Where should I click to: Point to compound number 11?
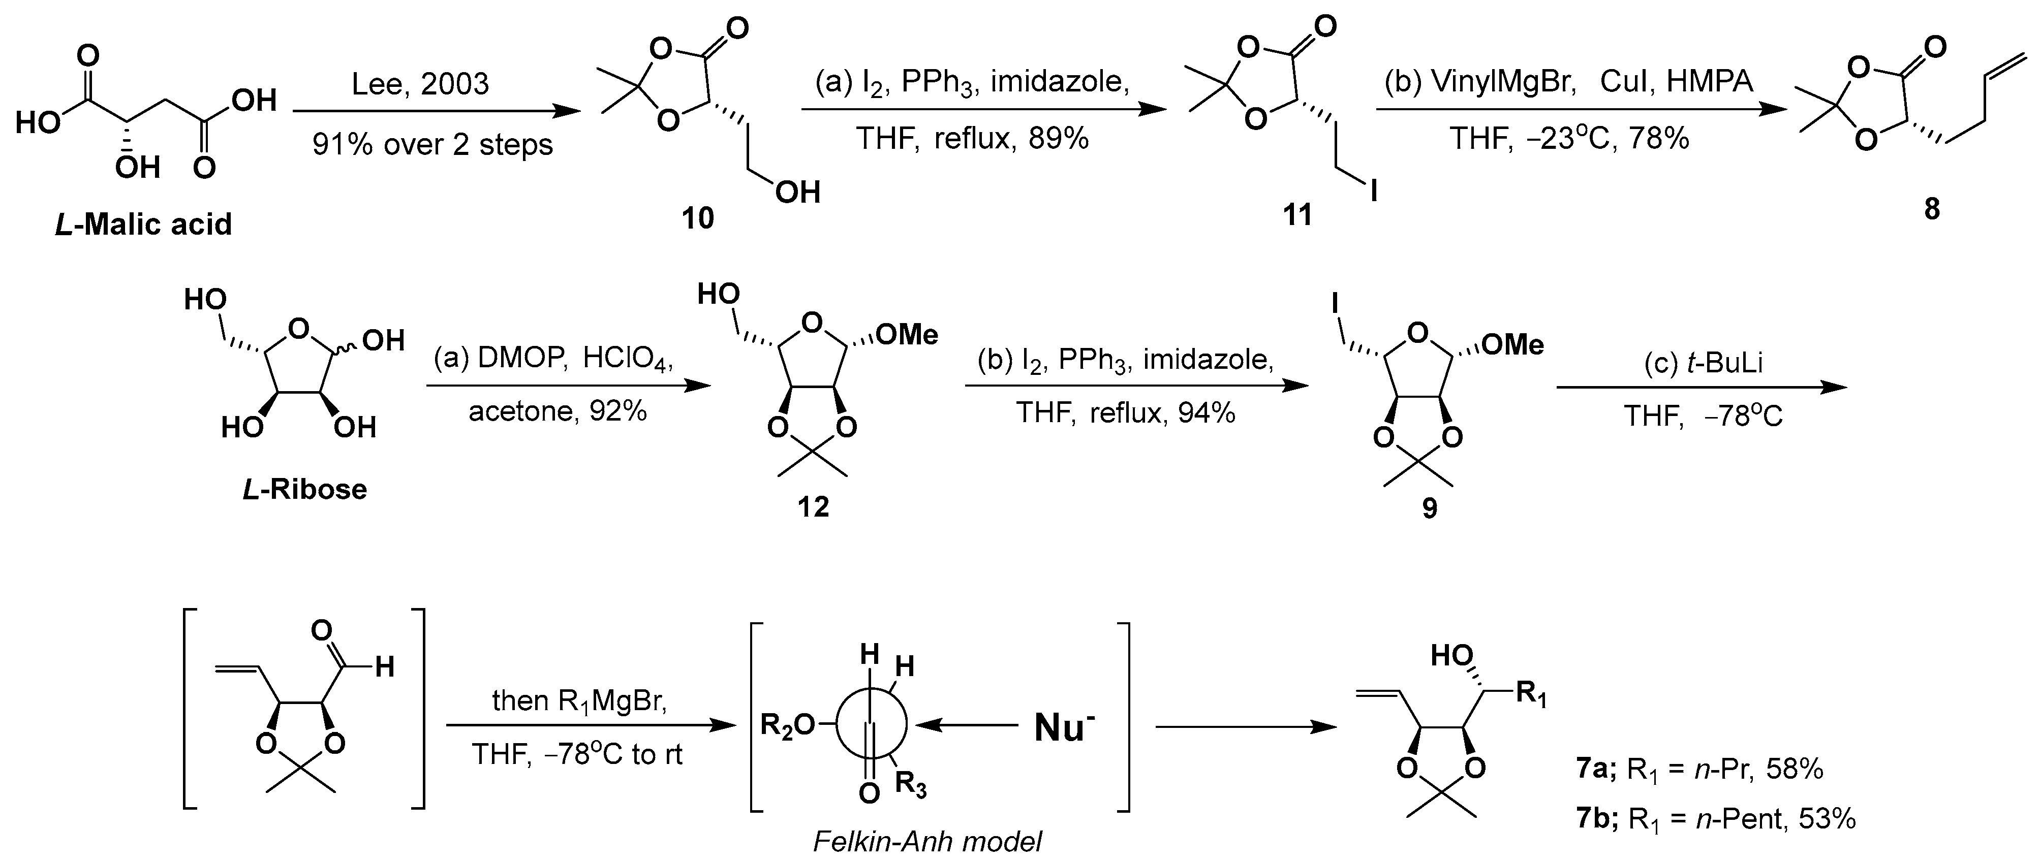click(x=1297, y=214)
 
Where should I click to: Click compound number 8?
click(x=1932, y=209)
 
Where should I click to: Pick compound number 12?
click(x=813, y=506)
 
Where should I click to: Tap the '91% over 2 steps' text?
click(x=432, y=144)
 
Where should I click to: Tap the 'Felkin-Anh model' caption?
click(x=928, y=841)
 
